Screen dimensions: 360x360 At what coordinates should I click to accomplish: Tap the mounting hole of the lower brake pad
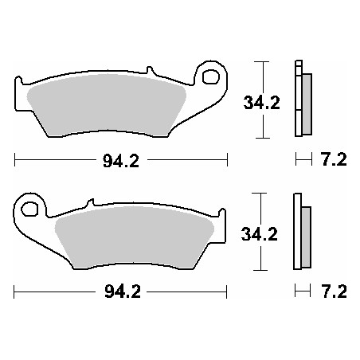tap(31, 210)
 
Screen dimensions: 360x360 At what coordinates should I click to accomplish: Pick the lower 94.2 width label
tap(122, 291)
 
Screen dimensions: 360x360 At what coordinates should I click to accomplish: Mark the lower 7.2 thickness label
tap(333, 291)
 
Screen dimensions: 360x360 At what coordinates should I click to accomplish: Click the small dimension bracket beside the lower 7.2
tap(301, 291)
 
